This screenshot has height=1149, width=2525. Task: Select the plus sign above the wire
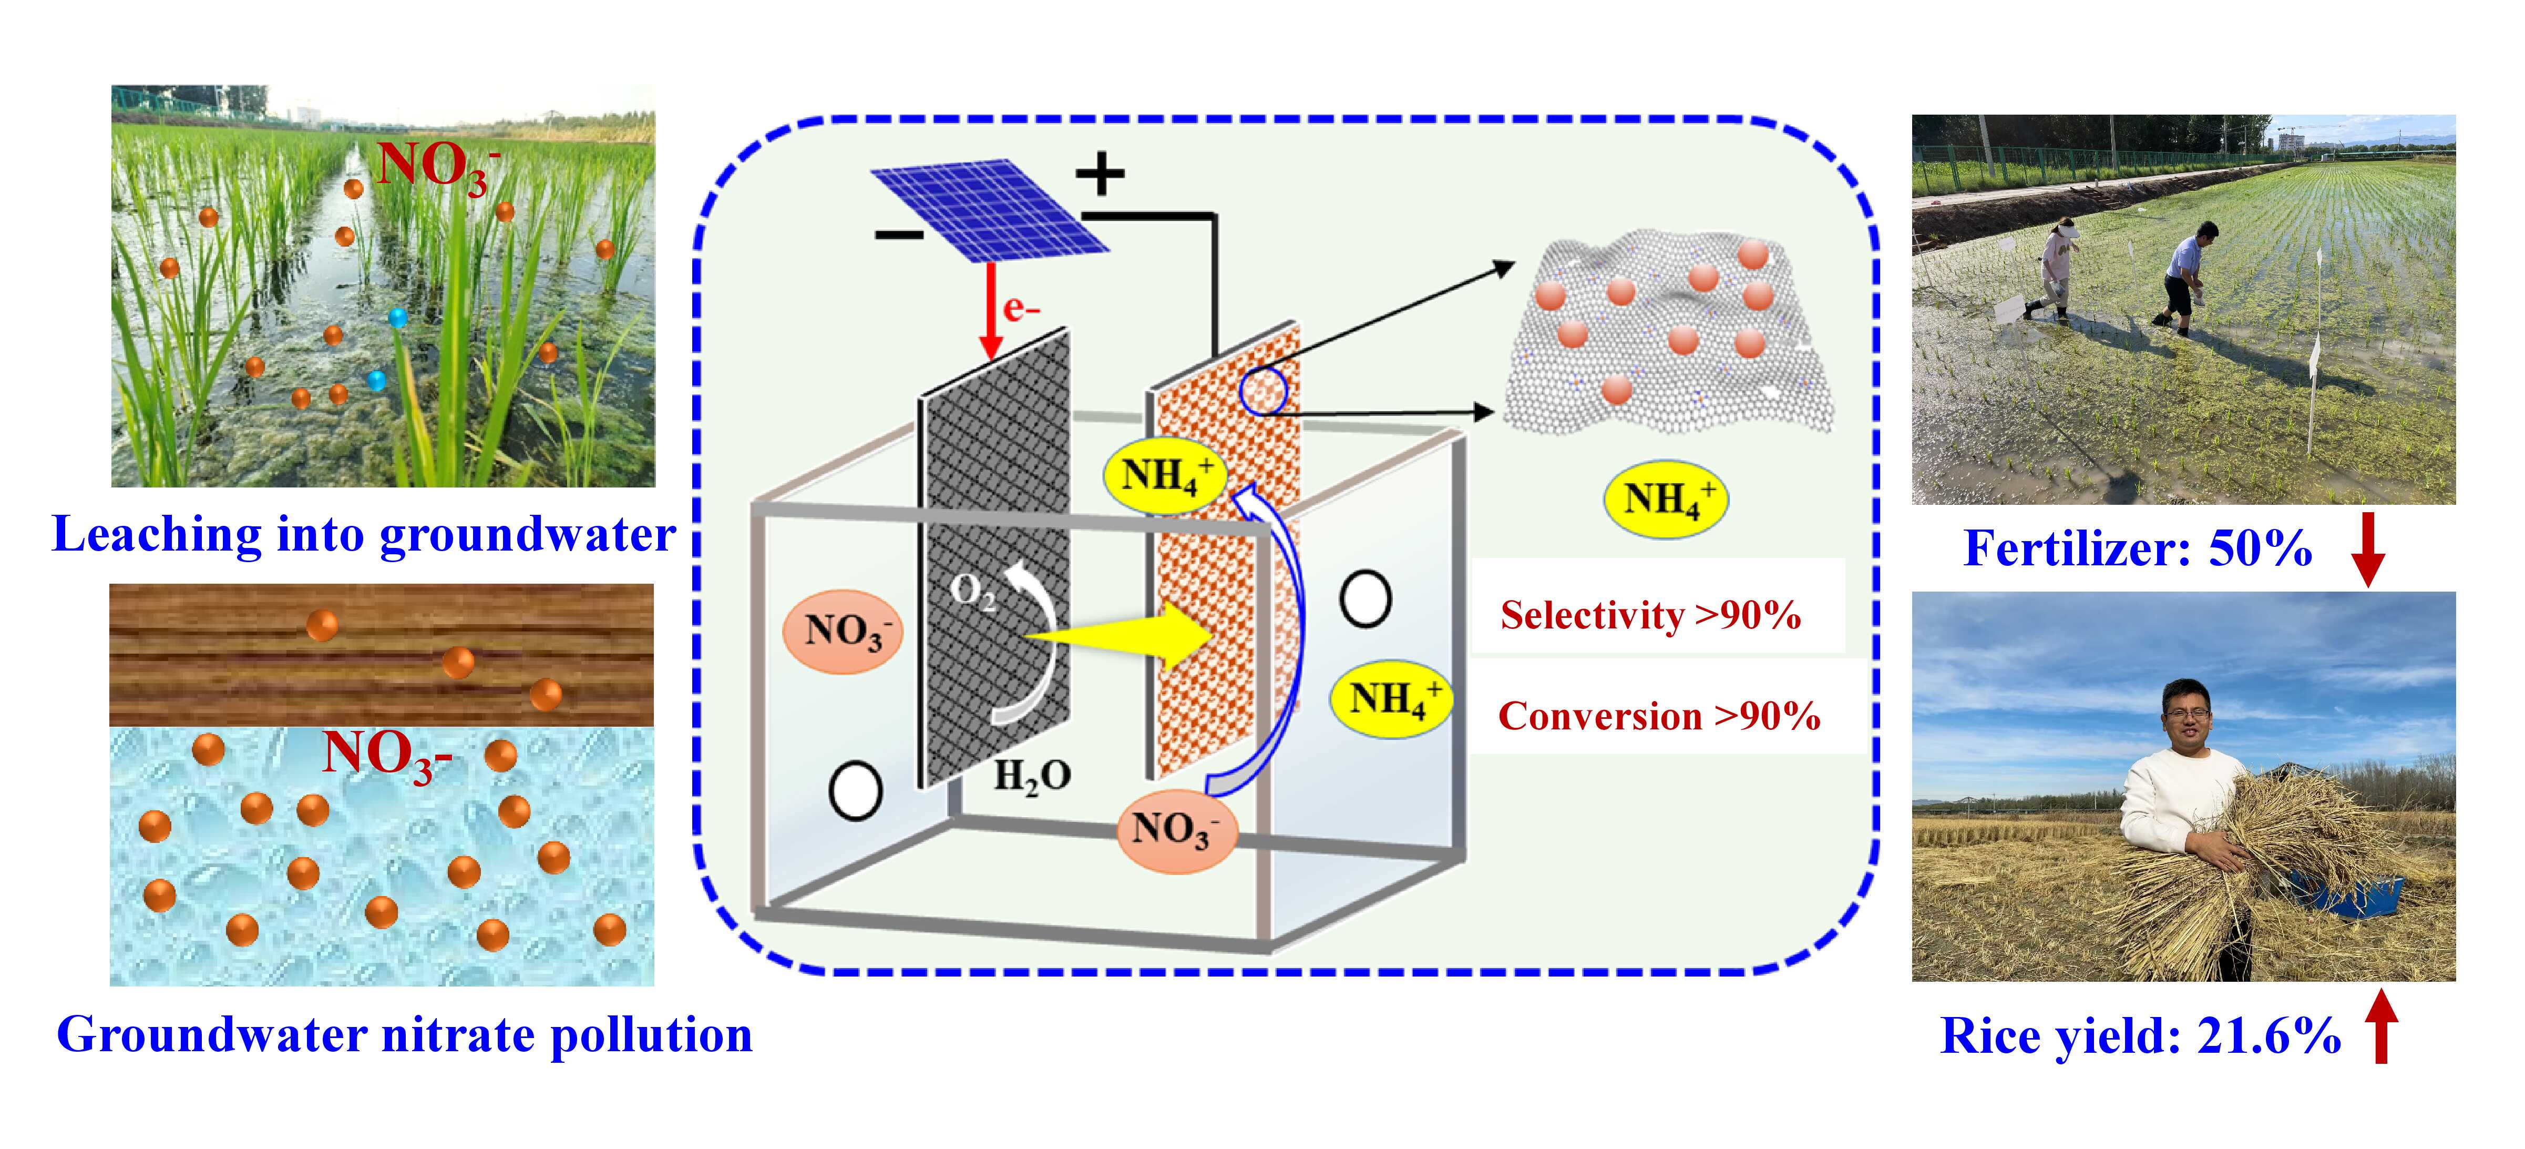pos(1100,174)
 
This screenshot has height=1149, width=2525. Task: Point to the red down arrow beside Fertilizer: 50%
pos(2368,549)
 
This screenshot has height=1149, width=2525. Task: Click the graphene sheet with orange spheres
pos(1666,333)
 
